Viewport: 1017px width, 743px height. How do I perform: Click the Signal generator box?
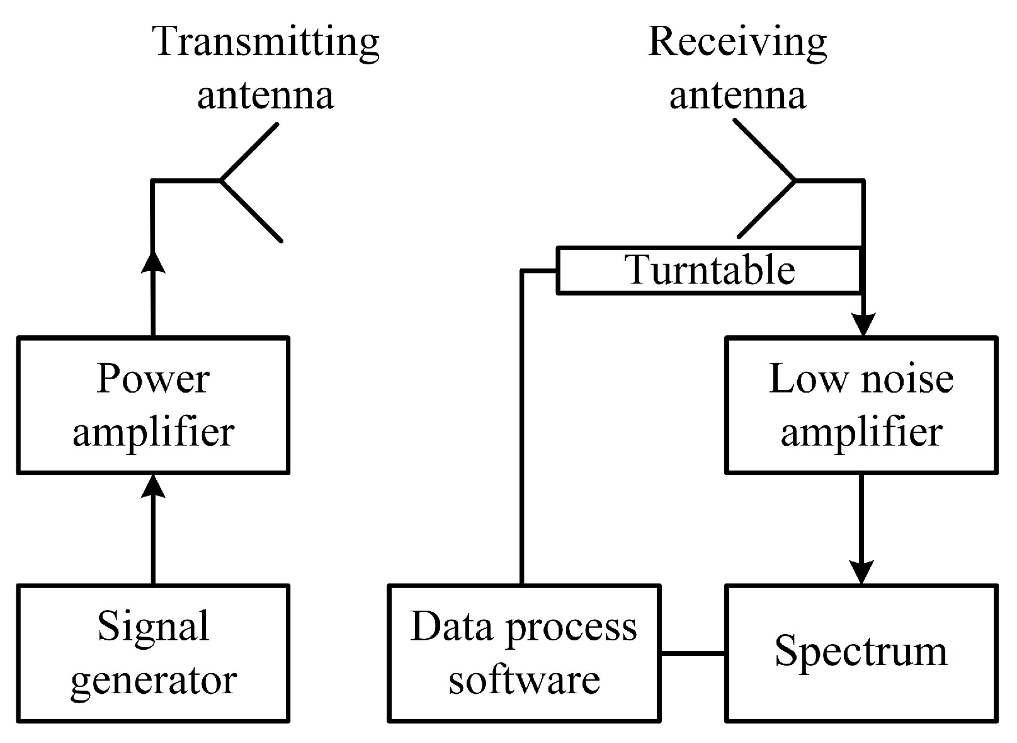[x=153, y=653]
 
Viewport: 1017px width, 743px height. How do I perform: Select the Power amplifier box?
[x=153, y=405]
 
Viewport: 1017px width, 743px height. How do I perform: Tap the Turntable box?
[x=708, y=270]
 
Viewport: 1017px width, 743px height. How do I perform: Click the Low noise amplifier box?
[x=861, y=405]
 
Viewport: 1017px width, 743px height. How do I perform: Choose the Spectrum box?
[x=861, y=653]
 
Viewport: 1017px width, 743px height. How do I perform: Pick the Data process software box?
[x=524, y=653]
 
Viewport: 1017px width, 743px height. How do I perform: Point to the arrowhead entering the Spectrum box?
[x=861, y=572]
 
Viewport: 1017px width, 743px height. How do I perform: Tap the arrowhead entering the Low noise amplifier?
[x=863, y=325]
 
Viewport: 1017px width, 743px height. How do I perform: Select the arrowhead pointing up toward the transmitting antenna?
[x=153, y=261]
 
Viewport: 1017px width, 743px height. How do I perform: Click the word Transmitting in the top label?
[x=266, y=42]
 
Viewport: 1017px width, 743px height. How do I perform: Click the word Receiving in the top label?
[x=737, y=42]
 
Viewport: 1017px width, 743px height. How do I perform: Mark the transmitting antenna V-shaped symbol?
[x=251, y=181]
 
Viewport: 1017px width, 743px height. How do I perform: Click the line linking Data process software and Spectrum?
[x=693, y=654]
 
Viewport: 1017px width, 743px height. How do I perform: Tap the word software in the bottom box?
[x=524, y=680]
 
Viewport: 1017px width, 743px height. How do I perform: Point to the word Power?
[x=153, y=379]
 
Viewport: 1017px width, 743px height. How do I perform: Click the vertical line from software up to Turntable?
[x=522, y=429]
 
